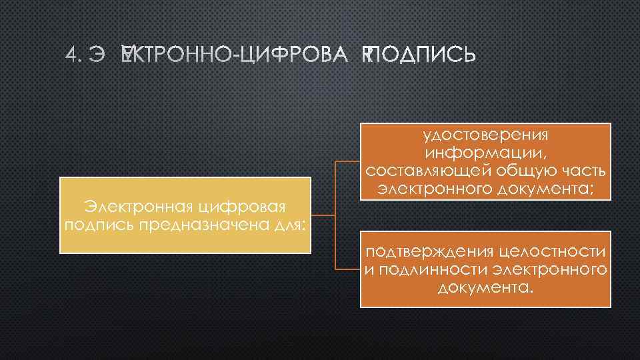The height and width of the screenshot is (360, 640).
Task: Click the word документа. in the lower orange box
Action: tap(486, 288)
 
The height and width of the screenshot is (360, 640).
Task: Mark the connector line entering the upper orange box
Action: tap(347, 162)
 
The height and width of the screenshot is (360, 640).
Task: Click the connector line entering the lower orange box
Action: tap(347, 269)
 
